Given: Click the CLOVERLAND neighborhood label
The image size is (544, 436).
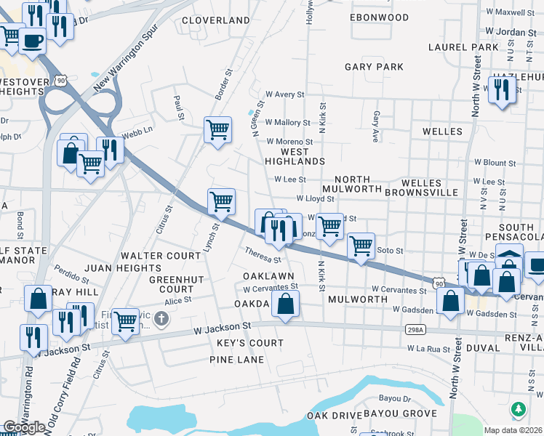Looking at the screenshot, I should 215,20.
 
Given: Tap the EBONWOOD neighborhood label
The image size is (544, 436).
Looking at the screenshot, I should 379,17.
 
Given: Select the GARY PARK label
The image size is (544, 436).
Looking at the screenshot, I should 374,67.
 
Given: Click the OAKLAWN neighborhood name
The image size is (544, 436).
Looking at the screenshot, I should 268,276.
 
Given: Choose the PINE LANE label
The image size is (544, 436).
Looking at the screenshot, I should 235,359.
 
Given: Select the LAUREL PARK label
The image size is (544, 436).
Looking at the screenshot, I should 463,47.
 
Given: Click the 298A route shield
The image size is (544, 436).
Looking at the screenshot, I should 412,330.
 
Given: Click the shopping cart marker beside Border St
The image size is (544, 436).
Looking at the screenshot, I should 217,130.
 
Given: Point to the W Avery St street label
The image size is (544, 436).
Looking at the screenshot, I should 284,94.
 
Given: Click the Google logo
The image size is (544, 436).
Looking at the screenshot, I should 24,427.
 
